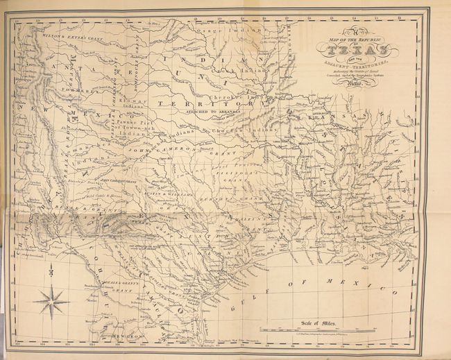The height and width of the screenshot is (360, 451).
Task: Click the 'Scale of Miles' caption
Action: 318,320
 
